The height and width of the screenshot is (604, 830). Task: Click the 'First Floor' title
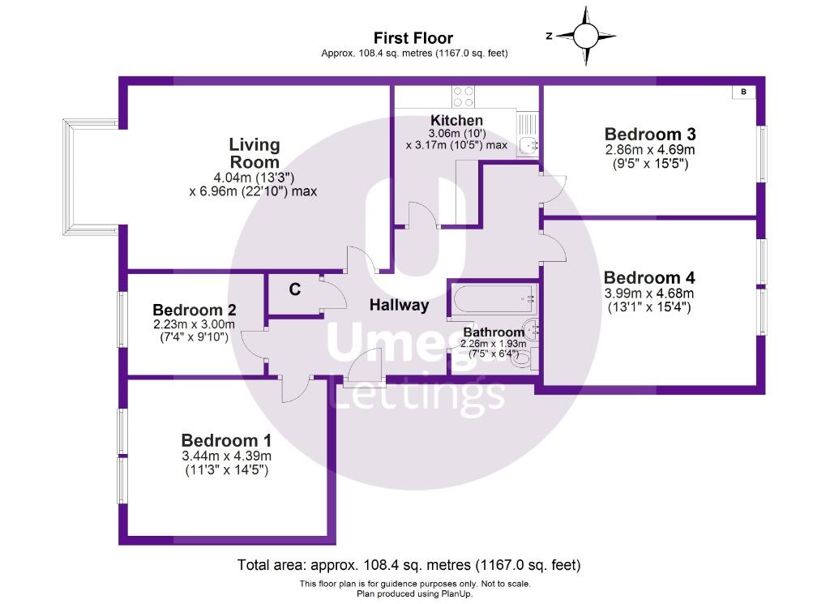(413, 38)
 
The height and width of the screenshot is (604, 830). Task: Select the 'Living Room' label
(255, 153)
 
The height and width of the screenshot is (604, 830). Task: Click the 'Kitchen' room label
(456, 121)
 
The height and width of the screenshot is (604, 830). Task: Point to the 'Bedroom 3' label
(650, 134)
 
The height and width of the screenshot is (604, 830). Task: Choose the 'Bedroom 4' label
(649, 277)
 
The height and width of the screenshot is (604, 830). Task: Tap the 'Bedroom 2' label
(194, 310)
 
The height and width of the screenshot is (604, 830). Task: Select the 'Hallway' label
(399, 306)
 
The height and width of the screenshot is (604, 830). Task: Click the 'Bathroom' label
(493, 332)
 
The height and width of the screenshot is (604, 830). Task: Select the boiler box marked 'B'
(743, 92)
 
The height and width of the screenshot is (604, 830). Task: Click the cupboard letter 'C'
(295, 289)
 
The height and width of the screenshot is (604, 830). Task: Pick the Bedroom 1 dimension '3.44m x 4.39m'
(225, 456)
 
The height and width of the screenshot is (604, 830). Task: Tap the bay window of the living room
(83, 175)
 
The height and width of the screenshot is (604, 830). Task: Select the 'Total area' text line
(409, 565)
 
